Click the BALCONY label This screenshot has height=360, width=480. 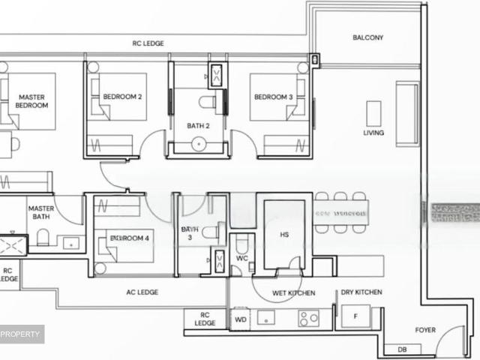367,37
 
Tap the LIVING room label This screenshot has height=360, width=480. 373,133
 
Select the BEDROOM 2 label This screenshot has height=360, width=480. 122,97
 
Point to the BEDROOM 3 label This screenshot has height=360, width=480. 272,97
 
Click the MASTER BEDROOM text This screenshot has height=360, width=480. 32,101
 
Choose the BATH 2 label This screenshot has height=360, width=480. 198,125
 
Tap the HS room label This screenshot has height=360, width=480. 283,235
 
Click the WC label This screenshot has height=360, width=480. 241,259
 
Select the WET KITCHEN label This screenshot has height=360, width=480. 293,292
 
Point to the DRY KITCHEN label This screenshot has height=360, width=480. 361,292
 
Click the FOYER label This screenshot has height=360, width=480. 425,330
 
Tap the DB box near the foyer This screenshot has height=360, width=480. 402,349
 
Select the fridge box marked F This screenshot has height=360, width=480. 355,317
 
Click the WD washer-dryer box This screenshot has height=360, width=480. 241,318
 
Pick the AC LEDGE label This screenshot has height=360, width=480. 142,292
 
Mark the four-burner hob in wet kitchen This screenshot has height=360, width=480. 308,318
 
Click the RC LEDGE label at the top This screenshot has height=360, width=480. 148,43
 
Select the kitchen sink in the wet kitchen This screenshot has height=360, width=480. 266,318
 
